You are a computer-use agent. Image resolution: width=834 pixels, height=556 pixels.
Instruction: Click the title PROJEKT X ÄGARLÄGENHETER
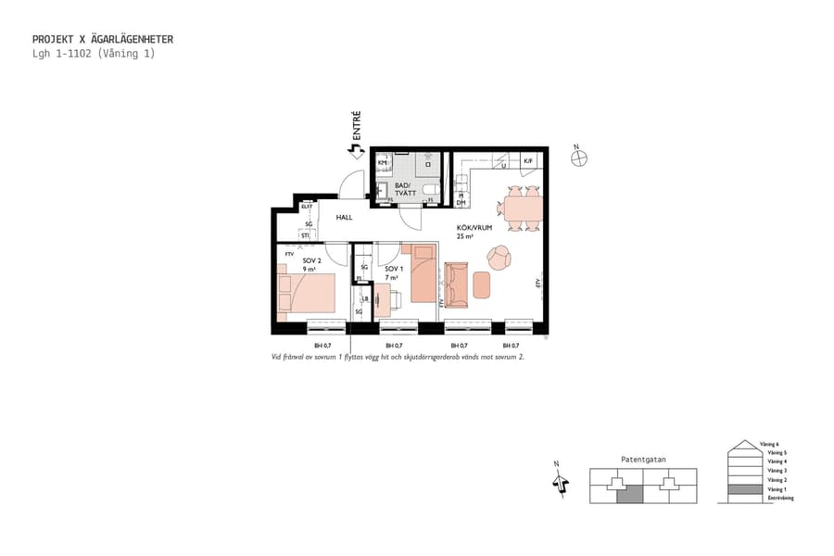(x=102, y=40)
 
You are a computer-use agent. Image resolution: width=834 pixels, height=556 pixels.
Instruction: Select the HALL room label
(x=345, y=217)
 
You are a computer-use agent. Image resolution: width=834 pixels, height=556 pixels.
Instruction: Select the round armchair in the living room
(x=499, y=258)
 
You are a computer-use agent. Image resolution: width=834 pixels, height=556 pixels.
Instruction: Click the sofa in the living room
(x=457, y=285)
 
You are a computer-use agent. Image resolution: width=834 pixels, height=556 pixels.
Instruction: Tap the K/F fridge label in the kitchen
(x=528, y=161)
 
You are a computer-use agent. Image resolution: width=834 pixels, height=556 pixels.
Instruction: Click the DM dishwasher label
(x=461, y=202)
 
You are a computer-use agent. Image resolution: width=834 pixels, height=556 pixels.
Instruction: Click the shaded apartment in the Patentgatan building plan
(x=629, y=495)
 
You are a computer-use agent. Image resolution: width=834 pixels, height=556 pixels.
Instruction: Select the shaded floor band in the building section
(x=743, y=488)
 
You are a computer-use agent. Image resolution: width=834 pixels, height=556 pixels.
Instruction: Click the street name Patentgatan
(x=643, y=459)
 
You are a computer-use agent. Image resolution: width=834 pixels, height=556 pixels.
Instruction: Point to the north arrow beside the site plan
(x=558, y=480)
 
